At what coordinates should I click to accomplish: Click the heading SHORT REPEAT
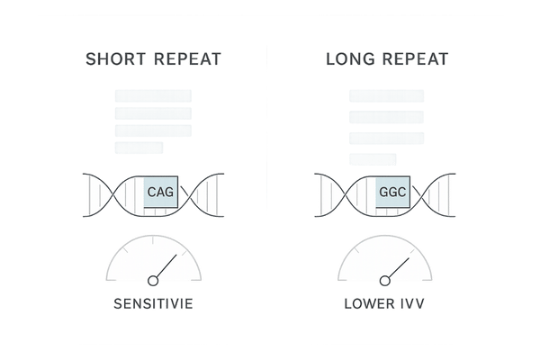(153, 60)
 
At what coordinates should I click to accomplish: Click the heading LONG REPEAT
(386, 60)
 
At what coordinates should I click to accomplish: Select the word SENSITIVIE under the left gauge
(153, 303)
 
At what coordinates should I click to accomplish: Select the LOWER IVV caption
(386, 303)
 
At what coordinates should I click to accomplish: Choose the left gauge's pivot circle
(152, 280)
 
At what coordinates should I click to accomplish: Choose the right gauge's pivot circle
(385, 280)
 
